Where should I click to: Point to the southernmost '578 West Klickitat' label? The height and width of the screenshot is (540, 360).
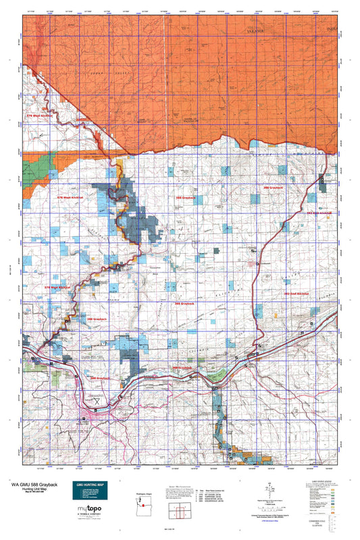57,287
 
